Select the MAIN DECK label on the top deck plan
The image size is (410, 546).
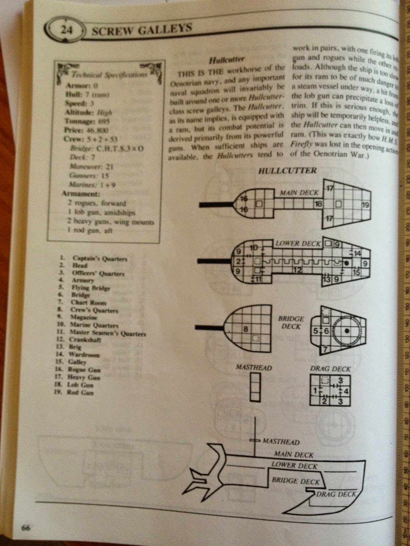tap(299, 193)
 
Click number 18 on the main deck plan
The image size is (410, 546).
tap(318, 204)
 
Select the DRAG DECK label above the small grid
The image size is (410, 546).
tap(330, 369)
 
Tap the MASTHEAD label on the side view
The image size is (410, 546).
tap(281, 442)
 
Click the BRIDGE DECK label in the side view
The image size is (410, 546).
tap(296, 481)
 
